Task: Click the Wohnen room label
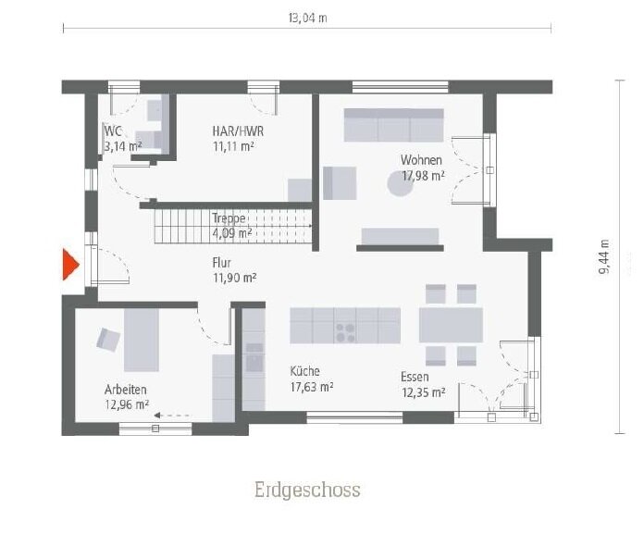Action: point(421,159)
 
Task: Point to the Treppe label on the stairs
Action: point(229,218)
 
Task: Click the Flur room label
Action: point(222,262)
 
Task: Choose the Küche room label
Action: point(304,371)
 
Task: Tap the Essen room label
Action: point(415,377)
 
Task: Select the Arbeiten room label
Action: point(126,390)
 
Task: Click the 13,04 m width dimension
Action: point(308,17)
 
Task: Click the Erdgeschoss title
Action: point(308,490)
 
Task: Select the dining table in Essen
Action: point(451,325)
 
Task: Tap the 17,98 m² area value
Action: point(423,174)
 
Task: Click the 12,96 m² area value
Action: point(128,404)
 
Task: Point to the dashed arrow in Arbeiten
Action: point(173,416)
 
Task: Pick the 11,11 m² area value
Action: point(233,145)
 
